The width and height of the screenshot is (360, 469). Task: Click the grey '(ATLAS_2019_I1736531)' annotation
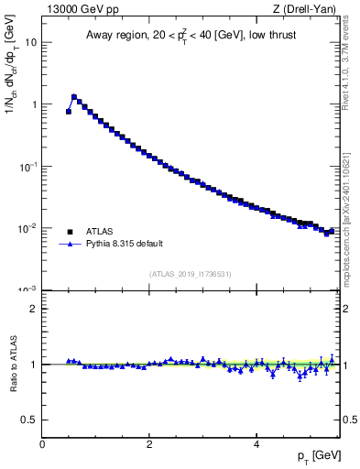(191, 274)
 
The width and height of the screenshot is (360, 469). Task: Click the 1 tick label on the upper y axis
(34, 104)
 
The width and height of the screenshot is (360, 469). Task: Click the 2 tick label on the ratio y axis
(34, 309)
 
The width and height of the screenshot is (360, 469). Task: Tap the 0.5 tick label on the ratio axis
(30, 420)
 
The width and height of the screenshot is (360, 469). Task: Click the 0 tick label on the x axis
(42, 443)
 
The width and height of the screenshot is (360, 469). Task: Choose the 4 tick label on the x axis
(256, 443)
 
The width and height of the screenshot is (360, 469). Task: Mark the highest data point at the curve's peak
(74, 96)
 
